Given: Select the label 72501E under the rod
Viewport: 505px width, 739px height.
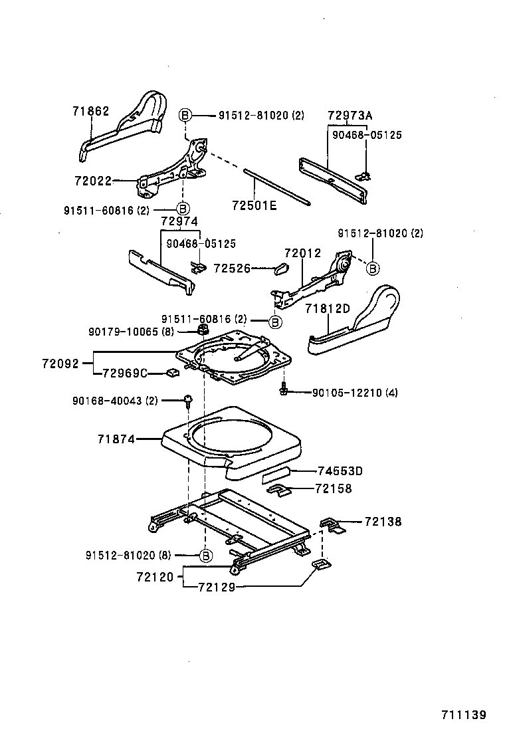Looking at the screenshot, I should (254, 205).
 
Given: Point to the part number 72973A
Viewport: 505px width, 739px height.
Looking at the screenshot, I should (350, 115).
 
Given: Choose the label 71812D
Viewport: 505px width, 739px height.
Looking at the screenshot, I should (328, 308).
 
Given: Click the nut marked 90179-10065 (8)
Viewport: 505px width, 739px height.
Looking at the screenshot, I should (201, 330).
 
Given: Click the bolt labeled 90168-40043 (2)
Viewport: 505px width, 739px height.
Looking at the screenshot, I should (188, 400).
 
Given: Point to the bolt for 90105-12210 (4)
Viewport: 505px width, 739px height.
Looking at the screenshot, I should (284, 392).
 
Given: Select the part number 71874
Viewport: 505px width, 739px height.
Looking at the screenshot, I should (116, 439).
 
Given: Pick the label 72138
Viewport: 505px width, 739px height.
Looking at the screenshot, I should (383, 522).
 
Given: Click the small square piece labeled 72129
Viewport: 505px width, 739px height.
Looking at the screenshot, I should (320, 565).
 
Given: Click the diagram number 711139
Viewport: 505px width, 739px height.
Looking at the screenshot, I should (464, 715).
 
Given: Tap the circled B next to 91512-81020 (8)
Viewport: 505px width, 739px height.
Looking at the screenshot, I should (206, 555).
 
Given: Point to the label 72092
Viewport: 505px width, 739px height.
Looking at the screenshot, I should (60, 364).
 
